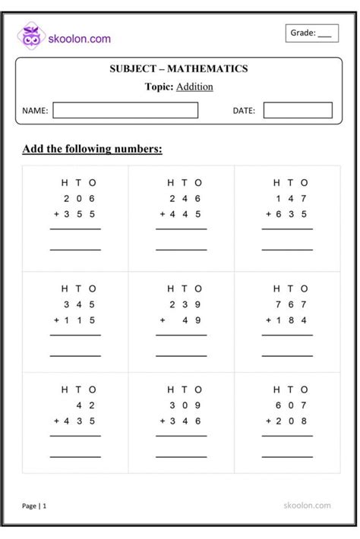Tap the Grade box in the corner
pos(311,33)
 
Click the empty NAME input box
pos(125,111)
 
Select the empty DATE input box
pos(298,111)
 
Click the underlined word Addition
pos(194,87)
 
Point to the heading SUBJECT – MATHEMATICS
pos(179,69)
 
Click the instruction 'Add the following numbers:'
pos(93,149)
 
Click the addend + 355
pos(74,214)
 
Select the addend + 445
pos(180,214)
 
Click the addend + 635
pos(286,214)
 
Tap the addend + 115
pos(74,320)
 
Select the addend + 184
pos(286,320)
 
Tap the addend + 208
pos(286,421)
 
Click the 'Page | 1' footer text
pos(34,505)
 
